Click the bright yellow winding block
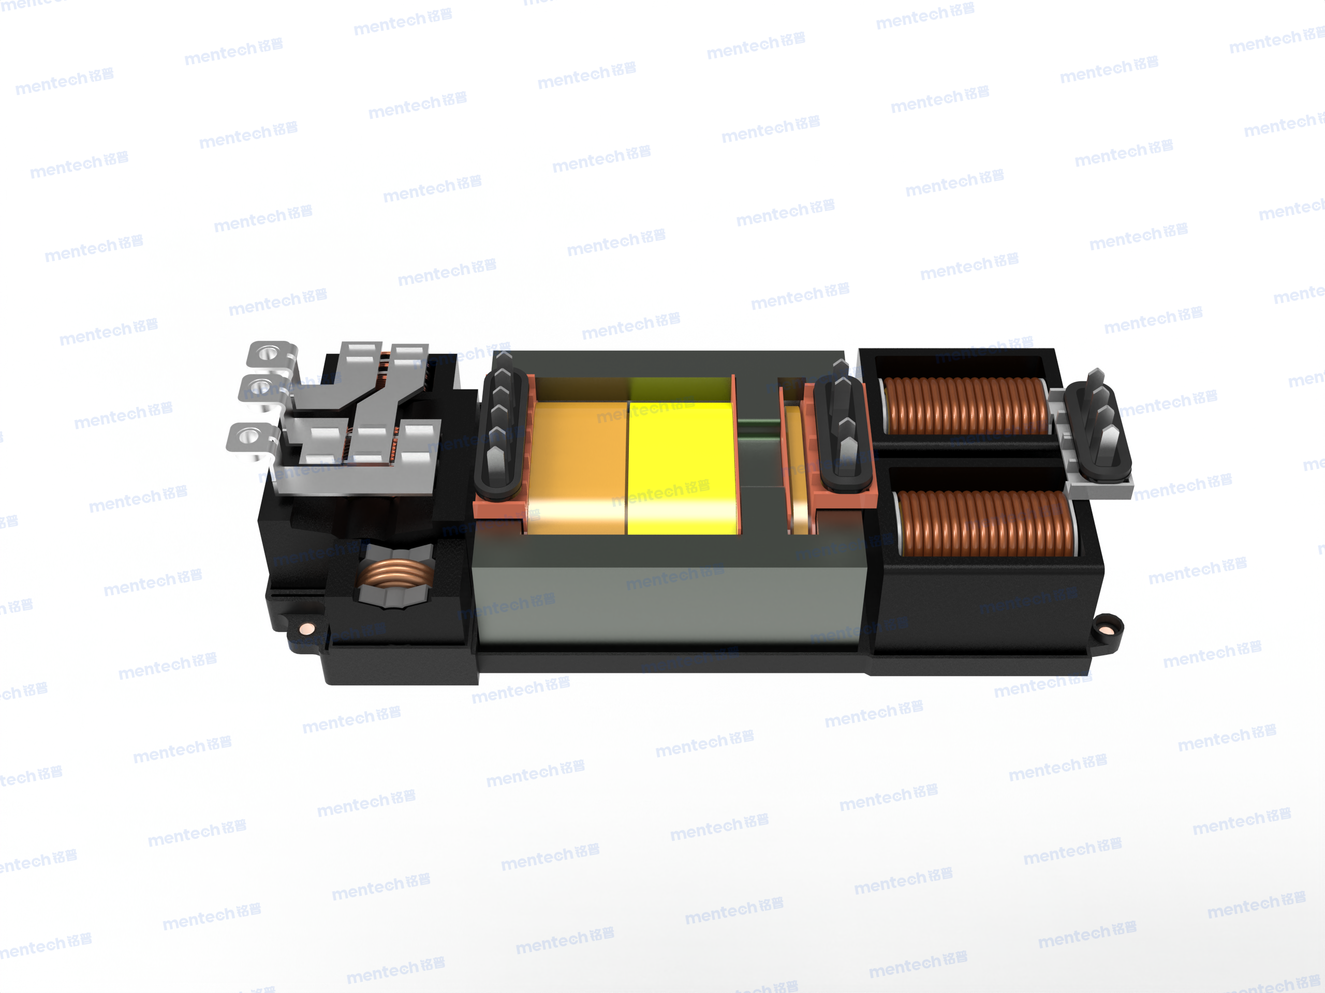(683, 467)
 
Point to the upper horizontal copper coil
(966, 405)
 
